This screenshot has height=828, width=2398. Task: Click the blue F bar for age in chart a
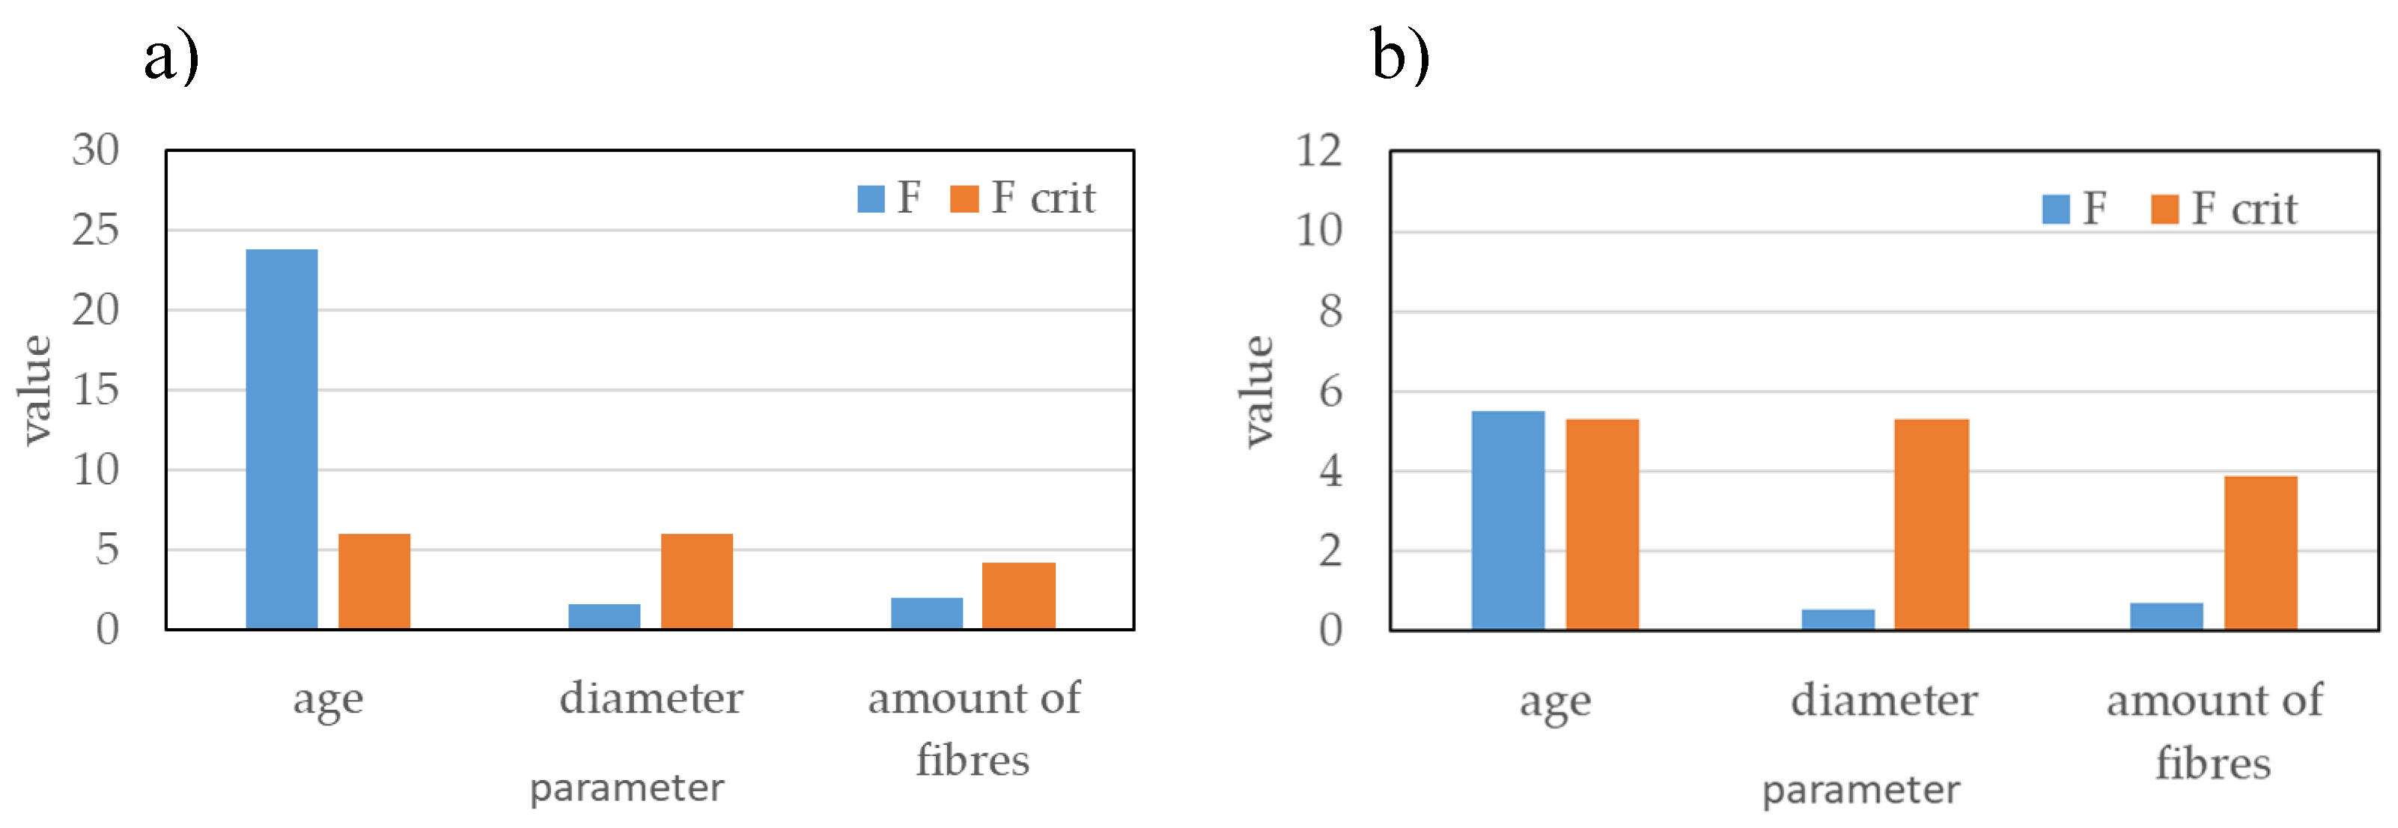coord(282,439)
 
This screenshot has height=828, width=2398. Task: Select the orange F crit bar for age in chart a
coord(374,581)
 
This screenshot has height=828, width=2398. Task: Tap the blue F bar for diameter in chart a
coord(604,617)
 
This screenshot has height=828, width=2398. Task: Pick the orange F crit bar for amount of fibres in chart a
coord(1018,596)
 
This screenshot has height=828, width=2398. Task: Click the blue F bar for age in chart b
coord(1507,520)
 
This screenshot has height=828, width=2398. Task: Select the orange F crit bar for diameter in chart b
coord(1931,524)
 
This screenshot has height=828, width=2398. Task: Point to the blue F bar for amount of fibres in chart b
coord(2166,617)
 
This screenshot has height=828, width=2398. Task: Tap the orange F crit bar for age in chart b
coord(1601,524)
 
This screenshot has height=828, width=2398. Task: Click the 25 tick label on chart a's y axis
coord(95,230)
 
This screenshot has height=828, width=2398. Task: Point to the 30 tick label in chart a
coord(95,150)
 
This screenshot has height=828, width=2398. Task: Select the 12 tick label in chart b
coord(1318,150)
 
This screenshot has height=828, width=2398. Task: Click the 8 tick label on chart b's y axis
coord(1330,311)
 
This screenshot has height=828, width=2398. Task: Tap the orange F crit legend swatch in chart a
coord(964,198)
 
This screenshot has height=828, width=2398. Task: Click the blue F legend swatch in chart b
coord(2055,209)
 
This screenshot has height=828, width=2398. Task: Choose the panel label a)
coord(171,56)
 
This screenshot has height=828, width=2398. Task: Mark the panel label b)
coord(1399,56)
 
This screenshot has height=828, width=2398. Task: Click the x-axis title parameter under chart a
coord(627,788)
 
